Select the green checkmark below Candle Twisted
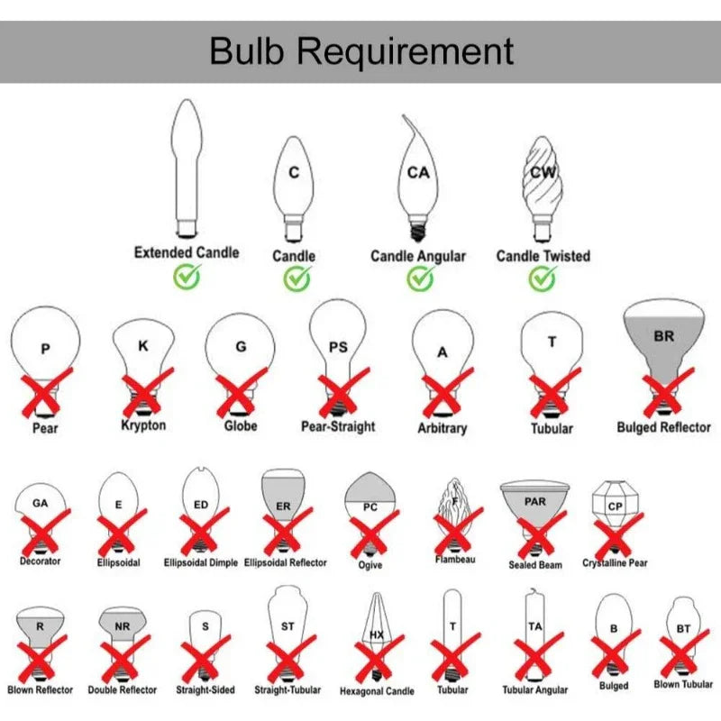coord(543,278)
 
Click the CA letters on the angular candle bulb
coord(418,171)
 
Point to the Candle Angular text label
coord(418,256)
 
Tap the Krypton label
coord(143,424)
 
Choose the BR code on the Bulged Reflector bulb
coord(663,336)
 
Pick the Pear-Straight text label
coord(338,425)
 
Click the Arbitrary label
coord(442,428)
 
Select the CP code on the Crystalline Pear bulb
coord(615,506)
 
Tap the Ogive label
coord(370,565)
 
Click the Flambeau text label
coord(455,560)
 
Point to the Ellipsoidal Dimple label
coord(201,563)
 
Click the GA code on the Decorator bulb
coord(40,503)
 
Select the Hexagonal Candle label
coord(377,691)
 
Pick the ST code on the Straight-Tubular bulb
coord(287,625)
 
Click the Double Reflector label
coord(123,690)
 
